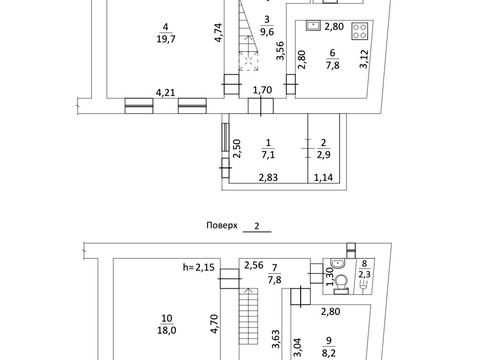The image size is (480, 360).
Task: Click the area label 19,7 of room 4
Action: [166, 39]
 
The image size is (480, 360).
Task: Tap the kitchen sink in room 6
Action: [313, 25]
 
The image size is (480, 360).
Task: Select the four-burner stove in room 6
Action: [359, 31]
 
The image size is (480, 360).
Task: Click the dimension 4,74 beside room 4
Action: [218, 32]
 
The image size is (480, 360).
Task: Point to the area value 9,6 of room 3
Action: [267, 32]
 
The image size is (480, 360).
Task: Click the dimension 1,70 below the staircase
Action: [262, 90]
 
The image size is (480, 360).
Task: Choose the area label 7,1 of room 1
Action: [268, 155]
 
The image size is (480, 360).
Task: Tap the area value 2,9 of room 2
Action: [323, 155]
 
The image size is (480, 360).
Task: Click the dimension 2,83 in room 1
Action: [268, 178]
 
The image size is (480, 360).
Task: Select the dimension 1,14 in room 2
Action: [323, 178]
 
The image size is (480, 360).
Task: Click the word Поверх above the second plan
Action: [222, 225]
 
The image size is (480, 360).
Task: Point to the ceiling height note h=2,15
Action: [199, 267]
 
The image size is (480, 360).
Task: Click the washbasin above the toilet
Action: [339, 264]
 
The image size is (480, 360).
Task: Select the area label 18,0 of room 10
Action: [167, 330]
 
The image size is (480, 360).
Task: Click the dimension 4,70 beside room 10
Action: [214, 324]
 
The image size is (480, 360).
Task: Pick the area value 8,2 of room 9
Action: [329, 353]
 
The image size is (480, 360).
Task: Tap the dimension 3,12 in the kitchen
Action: [364, 59]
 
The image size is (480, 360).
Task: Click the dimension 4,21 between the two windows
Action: [165, 92]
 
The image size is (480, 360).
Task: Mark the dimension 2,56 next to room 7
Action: [254, 265]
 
